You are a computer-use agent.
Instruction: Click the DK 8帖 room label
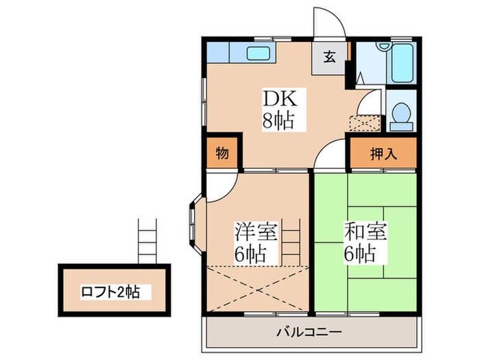pos(278,110)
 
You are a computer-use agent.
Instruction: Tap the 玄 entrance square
pos(330,58)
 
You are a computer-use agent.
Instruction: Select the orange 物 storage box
pos(223,154)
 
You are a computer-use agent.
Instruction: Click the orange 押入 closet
pos(383,154)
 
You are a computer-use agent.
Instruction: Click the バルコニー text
pos(309,333)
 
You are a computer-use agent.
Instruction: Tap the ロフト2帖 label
pos(114,291)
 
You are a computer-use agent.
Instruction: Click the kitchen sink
pos(259,53)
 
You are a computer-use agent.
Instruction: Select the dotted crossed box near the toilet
pos(364,123)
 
